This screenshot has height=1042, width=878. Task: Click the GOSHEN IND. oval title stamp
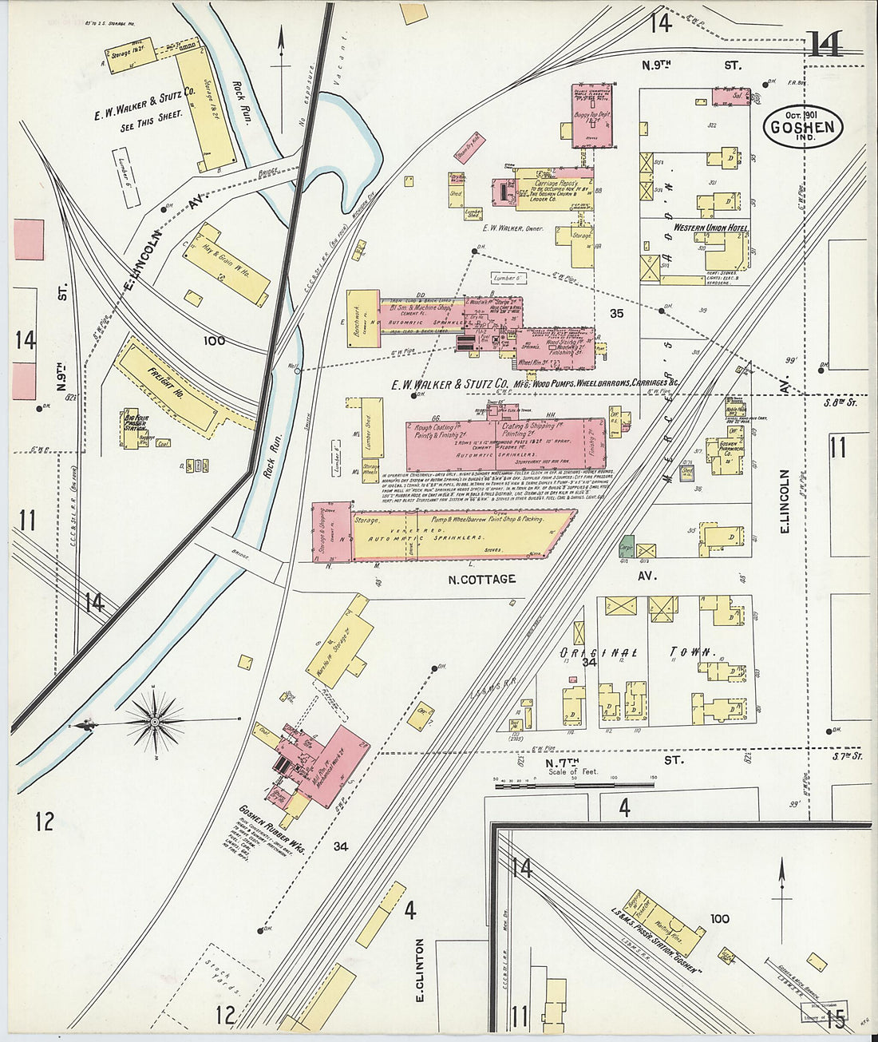pos(803,126)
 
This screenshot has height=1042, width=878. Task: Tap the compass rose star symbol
pos(158,723)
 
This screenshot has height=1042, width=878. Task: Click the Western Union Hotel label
pos(710,228)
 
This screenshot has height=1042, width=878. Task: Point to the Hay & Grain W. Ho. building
pos(226,264)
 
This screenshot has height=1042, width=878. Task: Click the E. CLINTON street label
pos(420,969)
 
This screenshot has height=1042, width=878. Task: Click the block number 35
pos(616,314)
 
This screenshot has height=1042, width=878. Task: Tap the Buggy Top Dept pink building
pos(593,116)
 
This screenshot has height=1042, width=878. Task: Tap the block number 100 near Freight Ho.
pos(214,341)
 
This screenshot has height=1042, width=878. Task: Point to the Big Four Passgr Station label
pos(136,422)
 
